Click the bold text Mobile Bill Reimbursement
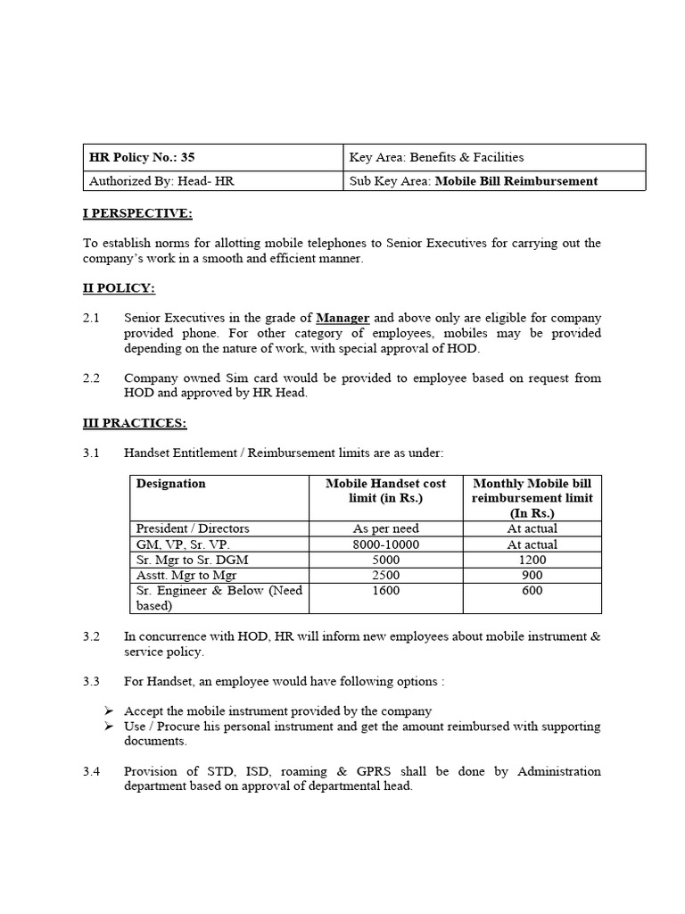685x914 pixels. click(516, 181)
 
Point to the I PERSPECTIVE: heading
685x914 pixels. click(137, 213)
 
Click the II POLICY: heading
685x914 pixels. click(120, 287)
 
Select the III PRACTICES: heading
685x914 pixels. click(135, 423)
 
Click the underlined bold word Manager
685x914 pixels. click(342, 318)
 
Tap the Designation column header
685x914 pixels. click(170, 484)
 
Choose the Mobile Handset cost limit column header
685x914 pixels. click(385, 491)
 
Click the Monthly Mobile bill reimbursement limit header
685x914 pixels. click(532, 498)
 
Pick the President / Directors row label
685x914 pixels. click(193, 528)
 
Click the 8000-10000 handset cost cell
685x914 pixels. click(385, 544)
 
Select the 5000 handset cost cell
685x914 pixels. click(385, 560)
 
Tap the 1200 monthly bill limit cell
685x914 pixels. click(532, 560)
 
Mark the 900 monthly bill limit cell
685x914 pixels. click(532, 576)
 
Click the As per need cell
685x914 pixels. click(385, 528)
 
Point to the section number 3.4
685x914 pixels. click(92, 771)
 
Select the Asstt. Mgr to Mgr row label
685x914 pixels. click(185, 576)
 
